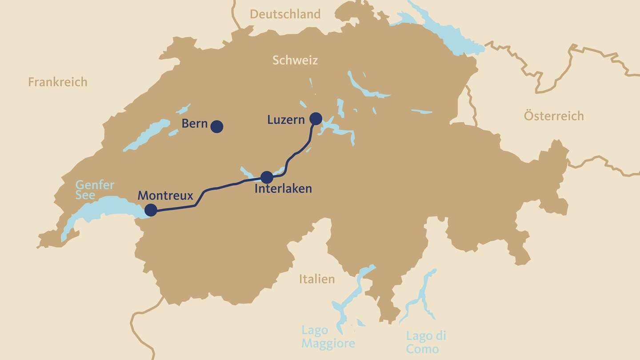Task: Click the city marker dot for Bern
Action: click(x=216, y=127)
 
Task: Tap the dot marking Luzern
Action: click(x=316, y=118)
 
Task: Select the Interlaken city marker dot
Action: click(x=267, y=177)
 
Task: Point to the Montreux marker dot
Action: click(x=151, y=210)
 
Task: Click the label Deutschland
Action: click(x=285, y=14)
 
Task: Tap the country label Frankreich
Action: click(x=58, y=82)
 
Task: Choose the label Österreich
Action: click(x=554, y=116)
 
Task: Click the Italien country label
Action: click(x=316, y=279)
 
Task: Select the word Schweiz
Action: click(x=295, y=60)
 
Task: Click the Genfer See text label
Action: click(x=95, y=190)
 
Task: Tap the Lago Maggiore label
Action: click(x=328, y=337)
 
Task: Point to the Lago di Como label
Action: click(x=426, y=342)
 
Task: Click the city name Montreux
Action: click(x=165, y=196)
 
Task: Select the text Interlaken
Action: click(x=283, y=189)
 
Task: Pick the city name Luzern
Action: click(x=286, y=120)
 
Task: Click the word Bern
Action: click(x=195, y=124)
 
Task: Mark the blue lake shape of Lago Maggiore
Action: click(x=344, y=302)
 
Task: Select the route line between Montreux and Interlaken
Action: click(x=213, y=189)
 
